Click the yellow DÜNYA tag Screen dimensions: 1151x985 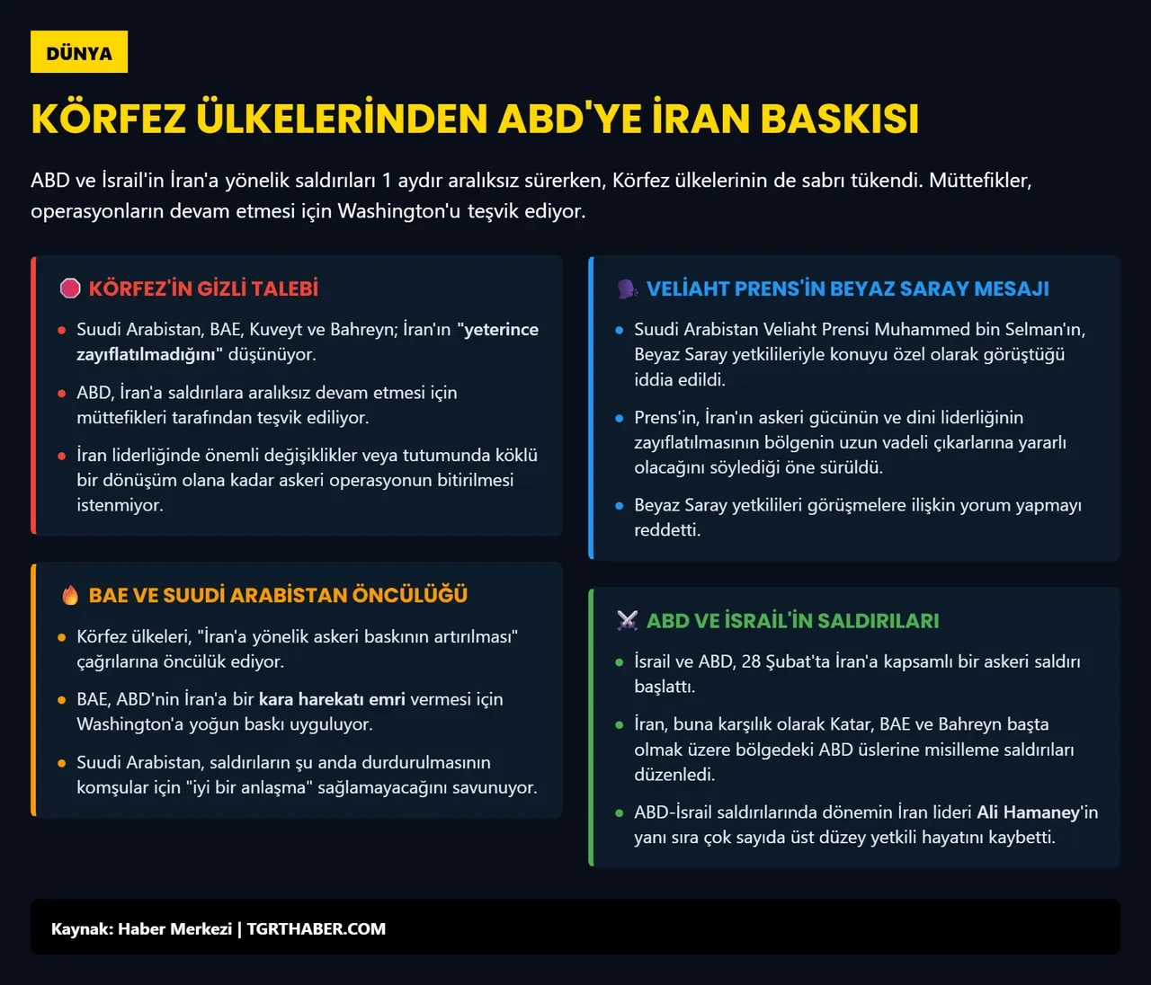pyautogui.click(x=79, y=52)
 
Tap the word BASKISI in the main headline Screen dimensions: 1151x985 pyautogui.click(x=839, y=119)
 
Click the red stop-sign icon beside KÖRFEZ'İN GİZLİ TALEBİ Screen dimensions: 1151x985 pyautogui.click(x=70, y=288)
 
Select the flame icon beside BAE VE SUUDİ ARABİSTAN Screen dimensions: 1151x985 pyautogui.click(x=70, y=595)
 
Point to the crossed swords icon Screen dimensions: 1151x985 pyautogui.click(x=627, y=620)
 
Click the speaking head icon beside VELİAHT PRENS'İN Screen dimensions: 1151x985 pyautogui.click(x=627, y=288)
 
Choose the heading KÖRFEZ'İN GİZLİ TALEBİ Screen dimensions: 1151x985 pyautogui.click(x=203, y=288)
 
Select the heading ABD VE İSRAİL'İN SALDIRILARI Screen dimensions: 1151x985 pyautogui.click(x=792, y=620)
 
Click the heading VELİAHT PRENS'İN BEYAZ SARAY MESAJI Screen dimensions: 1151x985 pyautogui.click(x=847, y=288)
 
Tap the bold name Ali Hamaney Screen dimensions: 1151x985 pyautogui.click(x=1028, y=812)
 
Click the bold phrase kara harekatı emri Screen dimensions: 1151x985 pyautogui.click(x=332, y=699)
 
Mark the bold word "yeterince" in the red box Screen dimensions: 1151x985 pyautogui.click(x=500, y=330)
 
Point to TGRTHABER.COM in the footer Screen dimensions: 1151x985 pyautogui.click(x=317, y=929)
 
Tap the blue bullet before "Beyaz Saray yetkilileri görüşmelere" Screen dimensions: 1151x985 pyautogui.click(x=619, y=506)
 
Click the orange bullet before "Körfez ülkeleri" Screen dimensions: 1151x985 pyautogui.click(x=61, y=637)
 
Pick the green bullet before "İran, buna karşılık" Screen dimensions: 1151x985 pyautogui.click(x=619, y=724)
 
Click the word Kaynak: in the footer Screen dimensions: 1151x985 pyautogui.click(x=82, y=929)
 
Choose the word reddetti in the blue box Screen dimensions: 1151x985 pyautogui.click(x=666, y=530)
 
